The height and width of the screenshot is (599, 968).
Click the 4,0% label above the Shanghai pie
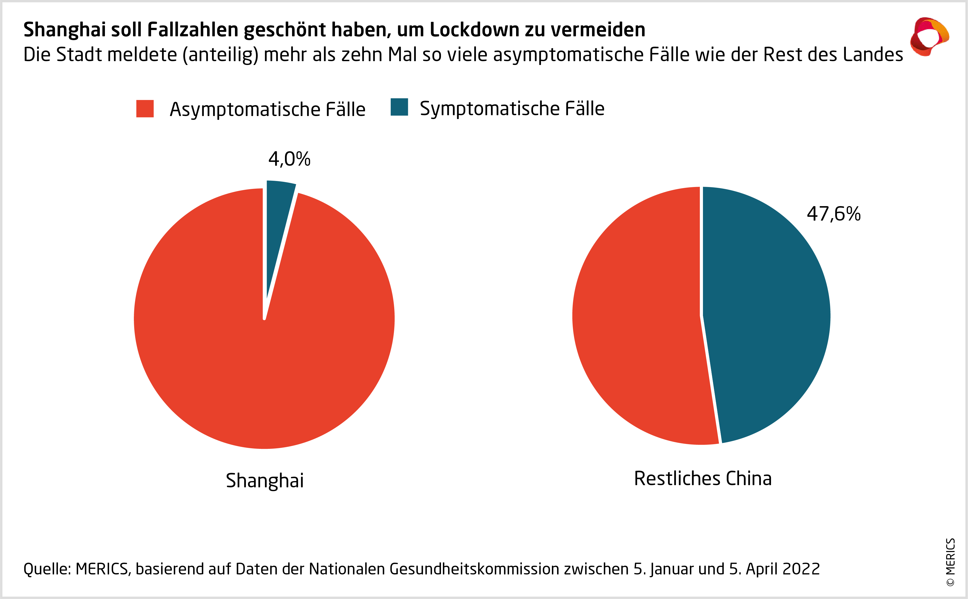tap(289, 159)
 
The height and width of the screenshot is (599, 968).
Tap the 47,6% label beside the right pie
tap(834, 214)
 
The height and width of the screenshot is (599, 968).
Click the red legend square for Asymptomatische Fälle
tap(145, 109)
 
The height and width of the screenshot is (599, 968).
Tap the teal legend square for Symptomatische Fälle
tap(399, 107)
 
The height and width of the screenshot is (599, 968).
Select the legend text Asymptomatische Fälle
tap(267, 109)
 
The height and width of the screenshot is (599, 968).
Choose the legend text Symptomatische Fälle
tap(512, 109)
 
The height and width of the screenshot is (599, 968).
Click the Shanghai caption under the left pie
tap(265, 481)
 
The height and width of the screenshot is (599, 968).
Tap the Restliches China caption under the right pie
tap(703, 479)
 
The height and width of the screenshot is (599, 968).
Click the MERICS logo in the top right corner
tap(929, 36)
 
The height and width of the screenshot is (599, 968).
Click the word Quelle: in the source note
tap(47, 569)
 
